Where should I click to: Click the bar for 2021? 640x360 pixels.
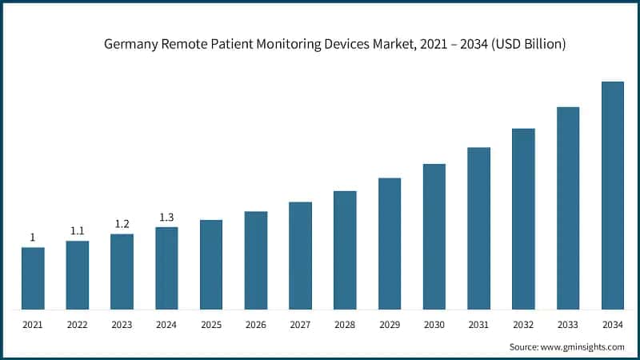pyautogui.click(x=33, y=278)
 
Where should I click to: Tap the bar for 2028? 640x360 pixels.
pyautogui.click(x=345, y=250)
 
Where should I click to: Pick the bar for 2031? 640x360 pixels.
pyautogui.click(x=478, y=228)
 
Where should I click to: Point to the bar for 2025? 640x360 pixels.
pyautogui.click(x=211, y=264)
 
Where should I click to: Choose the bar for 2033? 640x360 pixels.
pyautogui.click(x=568, y=207)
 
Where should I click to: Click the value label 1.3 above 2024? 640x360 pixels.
pyautogui.click(x=166, y=217)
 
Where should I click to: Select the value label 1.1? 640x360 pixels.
pyautogui.click(x=78, y=230)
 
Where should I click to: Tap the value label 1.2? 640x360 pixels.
pyautogui.click(x=122, y=224)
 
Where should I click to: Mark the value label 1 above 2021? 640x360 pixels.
pyautogui.click(x=33, y=237)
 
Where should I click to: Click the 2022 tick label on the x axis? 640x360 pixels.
pyautogui.click(x=78, y=326)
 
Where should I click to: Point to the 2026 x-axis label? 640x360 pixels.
pyautogui.click(x=256, y=326)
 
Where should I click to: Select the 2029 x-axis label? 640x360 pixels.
pyautogui.click(x=390, y=326)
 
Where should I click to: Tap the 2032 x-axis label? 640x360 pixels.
pyautogui.click(x=523, y=326)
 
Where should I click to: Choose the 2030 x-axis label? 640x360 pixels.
pyautogui.click(x=434, y=326)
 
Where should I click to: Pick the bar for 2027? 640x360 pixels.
pyautogui.click(x=300, y=255)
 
